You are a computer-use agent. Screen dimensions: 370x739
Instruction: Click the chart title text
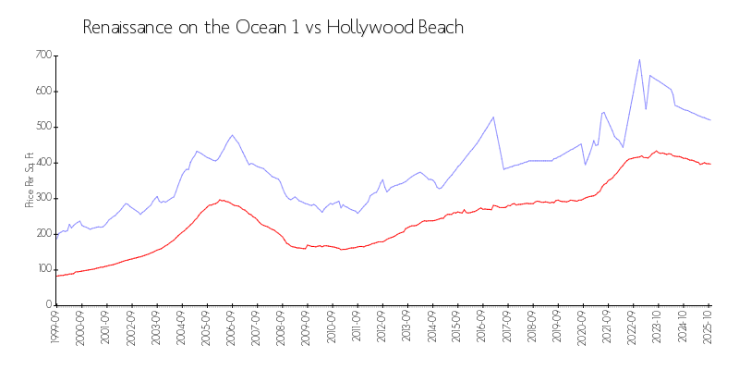pyautogui.click(x=273, y=28)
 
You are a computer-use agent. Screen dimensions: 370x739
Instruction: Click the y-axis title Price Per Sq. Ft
pyautogui.click(x=30, y=179)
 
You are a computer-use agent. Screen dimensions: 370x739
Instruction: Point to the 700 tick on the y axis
pyautogui.click(x=42, y=55)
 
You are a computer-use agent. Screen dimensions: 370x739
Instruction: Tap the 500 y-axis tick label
pyautogui.click(x=42, y=127)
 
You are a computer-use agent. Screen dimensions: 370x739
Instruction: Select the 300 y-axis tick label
pyautogui.click(x=42, y=198)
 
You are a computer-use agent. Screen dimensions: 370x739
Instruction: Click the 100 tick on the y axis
pyautogui.click(x=42, y=269)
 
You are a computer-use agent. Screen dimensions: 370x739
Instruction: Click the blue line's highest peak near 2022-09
pyautogui.click(x=639, y=60)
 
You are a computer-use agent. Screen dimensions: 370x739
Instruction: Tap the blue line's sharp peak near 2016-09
pyautogui.click(x=493, y=117)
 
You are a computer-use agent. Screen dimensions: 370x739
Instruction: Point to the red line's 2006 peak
pyautogui.click(x=220, y=199)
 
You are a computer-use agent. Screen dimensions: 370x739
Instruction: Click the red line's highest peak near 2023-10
pyautogui.click(x=656, y=151)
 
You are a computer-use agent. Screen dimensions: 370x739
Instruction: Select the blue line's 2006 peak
pyautogui.click(x=232, y=135)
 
